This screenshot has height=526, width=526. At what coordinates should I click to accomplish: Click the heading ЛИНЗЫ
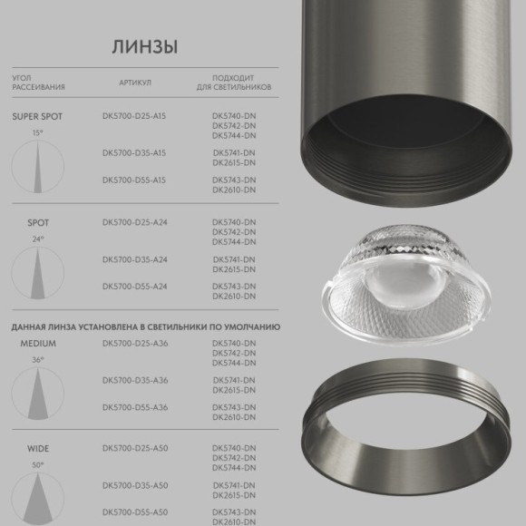point(145,46)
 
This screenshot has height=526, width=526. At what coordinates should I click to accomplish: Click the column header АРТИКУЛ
point(134,83)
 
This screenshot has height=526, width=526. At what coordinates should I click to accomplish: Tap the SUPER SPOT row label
point(37,117)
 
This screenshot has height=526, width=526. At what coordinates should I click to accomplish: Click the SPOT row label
point(37,222)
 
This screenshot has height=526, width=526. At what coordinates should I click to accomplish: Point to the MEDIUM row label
point(38,344)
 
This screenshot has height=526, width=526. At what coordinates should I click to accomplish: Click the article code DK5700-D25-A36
point(135,344)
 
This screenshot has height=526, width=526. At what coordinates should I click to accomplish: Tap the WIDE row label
point(37,449)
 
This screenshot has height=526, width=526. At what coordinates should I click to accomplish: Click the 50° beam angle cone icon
point(37,495)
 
